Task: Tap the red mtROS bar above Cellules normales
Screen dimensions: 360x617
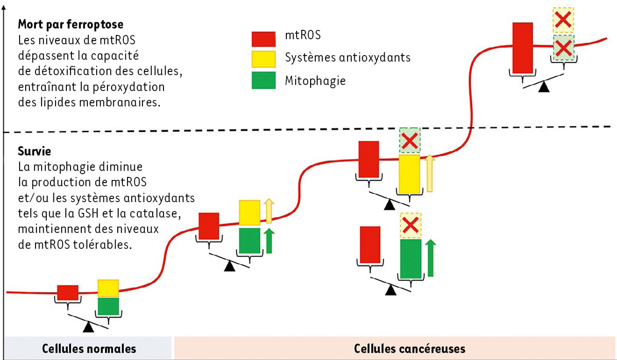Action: [67, 292]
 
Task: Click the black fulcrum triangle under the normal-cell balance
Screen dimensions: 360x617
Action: [89, 326]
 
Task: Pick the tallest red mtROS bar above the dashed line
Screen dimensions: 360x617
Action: [522, 47]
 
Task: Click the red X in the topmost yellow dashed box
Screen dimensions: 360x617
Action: [564, 21]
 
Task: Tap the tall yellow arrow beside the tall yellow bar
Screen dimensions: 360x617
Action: [430, 173]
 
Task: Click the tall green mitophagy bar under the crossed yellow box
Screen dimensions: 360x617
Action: [411, 259]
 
